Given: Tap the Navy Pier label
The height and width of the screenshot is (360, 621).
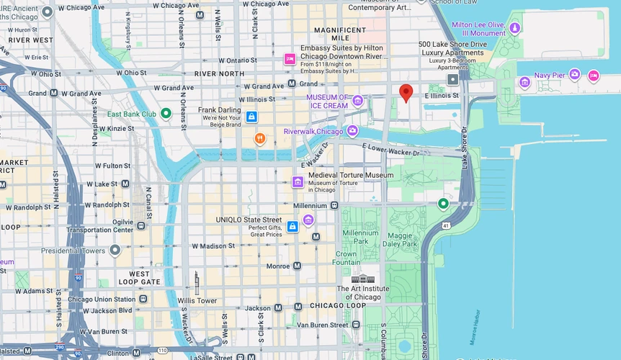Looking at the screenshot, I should [x=550, y=74].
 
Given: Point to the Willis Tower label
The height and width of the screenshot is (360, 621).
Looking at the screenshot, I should [x=197, y=300].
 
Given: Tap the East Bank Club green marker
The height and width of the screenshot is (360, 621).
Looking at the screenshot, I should [x=166, y=113].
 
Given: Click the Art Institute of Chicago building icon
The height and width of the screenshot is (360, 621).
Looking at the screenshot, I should [x=363, y=279].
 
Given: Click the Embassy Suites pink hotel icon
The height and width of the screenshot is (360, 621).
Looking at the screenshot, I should [x=290, y=59].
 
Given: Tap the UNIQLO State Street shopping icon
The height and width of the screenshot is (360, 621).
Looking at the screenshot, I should [x=292, y=227].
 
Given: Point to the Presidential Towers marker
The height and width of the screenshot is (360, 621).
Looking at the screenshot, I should [x=115, y=251].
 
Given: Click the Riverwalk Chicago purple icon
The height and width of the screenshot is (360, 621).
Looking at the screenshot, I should [x=352, y=131].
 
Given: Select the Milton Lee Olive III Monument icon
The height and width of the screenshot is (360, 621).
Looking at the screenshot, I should [x=514, y=28].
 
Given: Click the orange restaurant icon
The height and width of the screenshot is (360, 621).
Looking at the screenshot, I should [x=259, y=138].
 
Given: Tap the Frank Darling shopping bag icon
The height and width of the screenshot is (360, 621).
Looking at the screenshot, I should [x=251, y=117].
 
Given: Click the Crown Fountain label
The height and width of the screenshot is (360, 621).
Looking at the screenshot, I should [x=346, y=258].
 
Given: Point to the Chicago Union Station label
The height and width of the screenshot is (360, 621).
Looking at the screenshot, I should [x=102, y=299].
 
